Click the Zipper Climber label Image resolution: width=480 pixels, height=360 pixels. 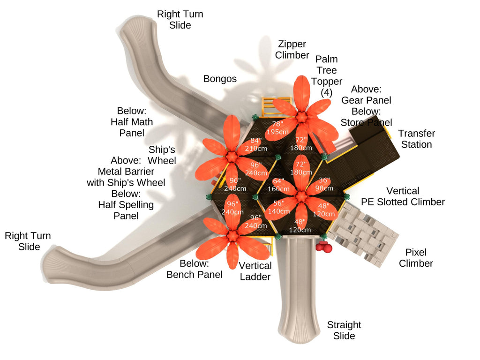pyautogui.click(x=292, y=50)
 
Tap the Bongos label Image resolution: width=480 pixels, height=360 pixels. pyautogui.click(x=220, y=79)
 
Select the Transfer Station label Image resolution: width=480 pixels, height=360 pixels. pyautogui.click(x=416, y=139)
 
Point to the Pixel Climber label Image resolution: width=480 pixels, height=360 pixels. pyautogui.click(x=416, y=258)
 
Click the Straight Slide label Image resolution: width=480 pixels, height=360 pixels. pyautogui.click(x=344, y=330)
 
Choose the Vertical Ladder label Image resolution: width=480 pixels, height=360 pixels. pyautogui.click(x=255, y=271)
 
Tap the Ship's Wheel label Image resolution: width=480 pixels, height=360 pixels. pyautogui.click(x=162, y=155)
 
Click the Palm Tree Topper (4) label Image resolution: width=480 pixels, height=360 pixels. pyautogui.click(x=326, y=76)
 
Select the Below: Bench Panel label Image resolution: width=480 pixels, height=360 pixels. pyautogui.click(x=195, y=269)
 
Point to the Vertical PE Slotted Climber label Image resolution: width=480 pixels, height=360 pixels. pyautogui.click(x=403, y=196)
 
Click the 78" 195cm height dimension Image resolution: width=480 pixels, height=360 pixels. pyautogui.click(x=277, y=128)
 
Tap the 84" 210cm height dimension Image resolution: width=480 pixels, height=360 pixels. pyautogui.click(x=255, y=144)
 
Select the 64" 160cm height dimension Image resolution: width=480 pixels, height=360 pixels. pyautogui.click(x=278, y=185)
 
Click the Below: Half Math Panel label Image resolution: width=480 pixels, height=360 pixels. pyautogui.click(x=132, y=122)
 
